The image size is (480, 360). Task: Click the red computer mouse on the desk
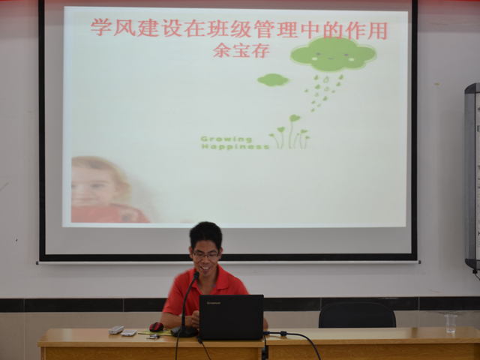(x=157, y=327)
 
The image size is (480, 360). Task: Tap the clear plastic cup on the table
(x=451, y=323)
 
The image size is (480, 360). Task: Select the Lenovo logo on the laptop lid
(x=214, y=303)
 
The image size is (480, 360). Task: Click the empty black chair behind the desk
(x=357, y=315)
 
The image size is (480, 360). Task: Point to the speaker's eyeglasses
(x=205, y=254)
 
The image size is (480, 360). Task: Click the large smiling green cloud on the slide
(x=333, y=54)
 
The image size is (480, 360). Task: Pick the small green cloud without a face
(x=273, y=79)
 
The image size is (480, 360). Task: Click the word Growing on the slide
(x=226, y=139)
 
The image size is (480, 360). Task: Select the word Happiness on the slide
(x=235, y=147)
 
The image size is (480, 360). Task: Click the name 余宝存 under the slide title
(x=241, y=50)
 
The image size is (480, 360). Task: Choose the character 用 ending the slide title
(x=377, y=31)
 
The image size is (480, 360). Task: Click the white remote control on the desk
(x=116, y=330)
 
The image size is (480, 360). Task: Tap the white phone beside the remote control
(x=129, y=333)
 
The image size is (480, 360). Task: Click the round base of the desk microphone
(x=184, y=331)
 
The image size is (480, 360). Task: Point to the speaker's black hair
(x=205, y=234)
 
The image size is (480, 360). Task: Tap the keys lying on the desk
(x=153, y=337)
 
